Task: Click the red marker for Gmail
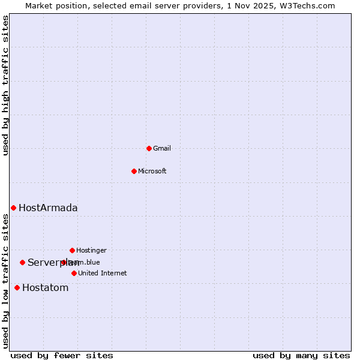click(x=149, y=148)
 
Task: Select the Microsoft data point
click(x=134, y=171)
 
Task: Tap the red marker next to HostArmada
click(x=13, y=208)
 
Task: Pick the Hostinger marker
click(x=72, y=250)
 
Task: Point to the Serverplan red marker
click(x=22, y=262)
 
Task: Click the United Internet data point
click(x=74, y=273)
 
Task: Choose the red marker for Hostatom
click(x=17, y=287)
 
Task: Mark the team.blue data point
click(x=64, y=262)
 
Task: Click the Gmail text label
click(x=162, y=148)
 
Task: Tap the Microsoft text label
click(x=152, y=171)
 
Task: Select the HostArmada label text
click(x=48, y=208)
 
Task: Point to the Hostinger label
click(x=91, y=250)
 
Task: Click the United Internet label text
click(x=103, y=273)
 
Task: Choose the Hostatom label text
click(x=46, y=287)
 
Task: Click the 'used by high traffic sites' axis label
click(x=6, y=85)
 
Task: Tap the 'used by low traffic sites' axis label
click(x=6, y=281)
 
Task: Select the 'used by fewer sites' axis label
click(x=62, y=355)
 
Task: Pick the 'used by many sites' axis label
click(x=301, y=355)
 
